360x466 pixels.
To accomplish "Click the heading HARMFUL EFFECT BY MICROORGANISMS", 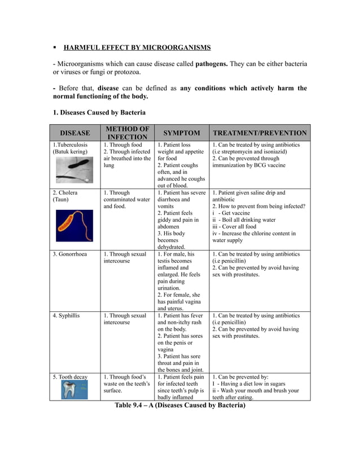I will pyautogui.click(x=137, y=47).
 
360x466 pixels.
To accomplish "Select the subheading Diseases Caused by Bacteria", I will pyautogui.click(x=99, y=112).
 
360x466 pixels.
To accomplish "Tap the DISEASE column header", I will pyautogui.click(x=75, y=133).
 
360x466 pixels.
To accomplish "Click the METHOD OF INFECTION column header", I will pyautogui.click(x=128, y=133).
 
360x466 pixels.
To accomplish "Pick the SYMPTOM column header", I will pyautogui.click(x=181, y=133).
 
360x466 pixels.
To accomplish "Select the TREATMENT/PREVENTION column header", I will pyautogui.click(x=260, y=133).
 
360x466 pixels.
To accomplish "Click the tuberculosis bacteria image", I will pyautogui.click(x=74, y=170).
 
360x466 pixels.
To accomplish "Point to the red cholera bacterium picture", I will pyautogui.click(x=74, y=225).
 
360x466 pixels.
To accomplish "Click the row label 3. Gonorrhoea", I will pyautogui.click(x=70, y=254).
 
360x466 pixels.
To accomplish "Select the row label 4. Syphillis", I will pyautogui.click(x=66, y=315).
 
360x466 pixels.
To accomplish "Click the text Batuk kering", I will pyautogui.click(x=71, y=152).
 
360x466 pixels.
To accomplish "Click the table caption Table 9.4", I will pyautogui.click(x=180, y=405).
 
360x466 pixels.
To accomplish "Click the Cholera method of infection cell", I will pyautogui.click(x=127, y=199).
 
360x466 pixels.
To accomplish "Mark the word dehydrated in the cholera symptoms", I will pyautogui.click(x=171, y=247).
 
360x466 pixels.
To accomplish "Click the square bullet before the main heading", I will pyautogui.click(x=55, y=47).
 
